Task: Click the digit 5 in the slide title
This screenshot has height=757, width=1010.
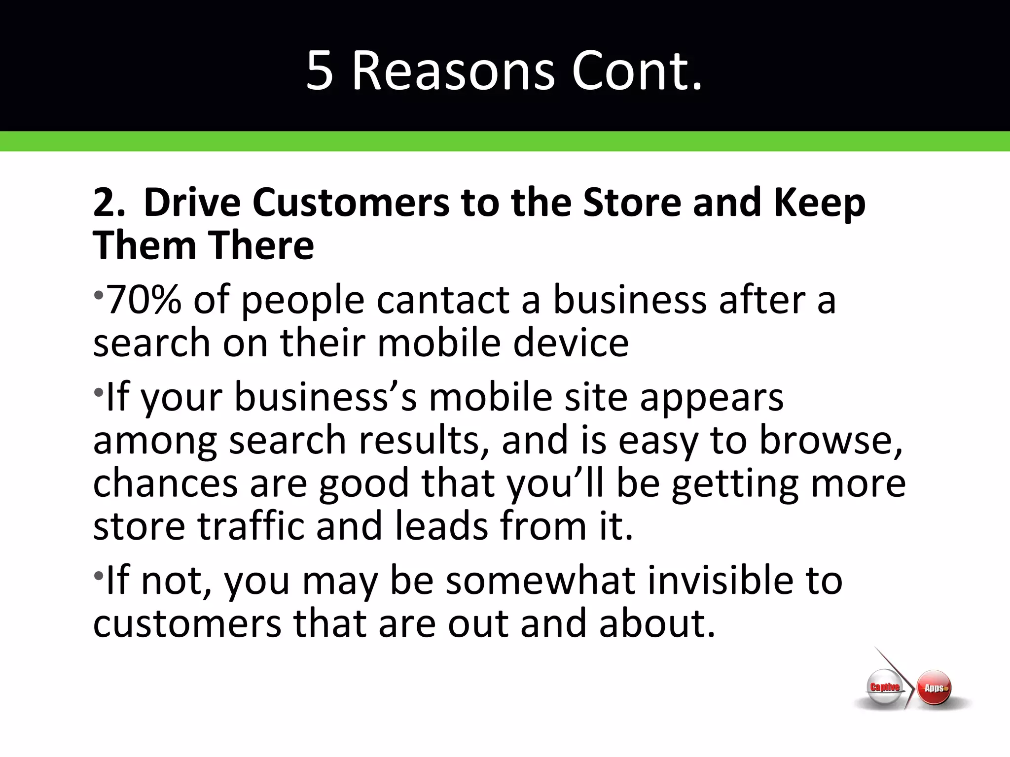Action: coord(319,71)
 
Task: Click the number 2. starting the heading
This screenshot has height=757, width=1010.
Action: coord(109,203)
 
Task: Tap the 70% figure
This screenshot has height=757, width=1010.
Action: coord(144,300)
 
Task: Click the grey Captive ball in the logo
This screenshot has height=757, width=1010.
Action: coord(885,687)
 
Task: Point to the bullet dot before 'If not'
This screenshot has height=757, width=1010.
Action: coord(99,575)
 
